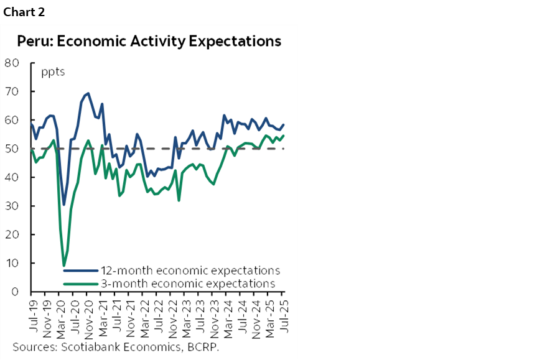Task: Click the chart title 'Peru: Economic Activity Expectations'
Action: tap(149, 42)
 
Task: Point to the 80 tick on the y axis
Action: tap(12, 63)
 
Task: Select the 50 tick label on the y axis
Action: tap(12, 149)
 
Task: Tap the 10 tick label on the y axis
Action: tap(12, 263)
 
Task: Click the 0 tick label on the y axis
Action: tap(15, 292)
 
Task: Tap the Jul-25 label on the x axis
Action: tap(284, 312)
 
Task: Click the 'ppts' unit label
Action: tap(53, 71)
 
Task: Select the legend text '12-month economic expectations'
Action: tap(190, 270)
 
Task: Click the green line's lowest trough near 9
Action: tap(64, 265)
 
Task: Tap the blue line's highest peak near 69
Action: tap(88, 94)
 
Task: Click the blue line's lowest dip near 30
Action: tap(64, 205)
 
